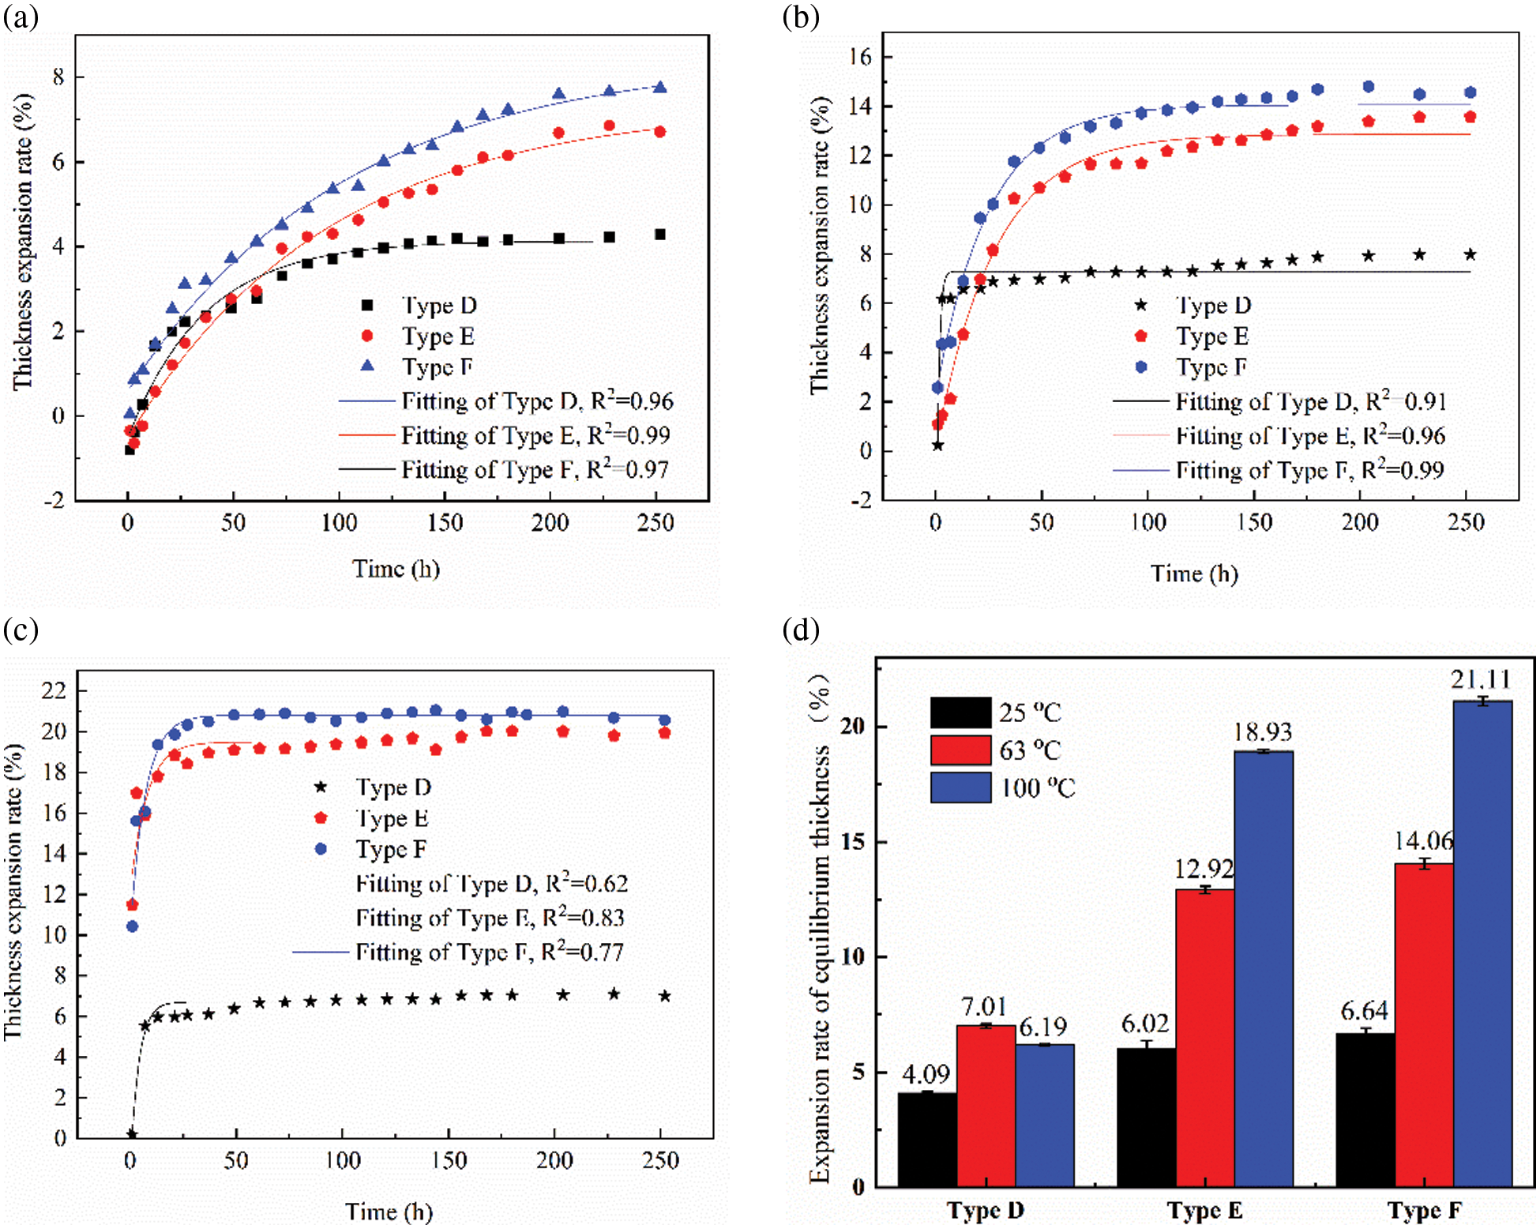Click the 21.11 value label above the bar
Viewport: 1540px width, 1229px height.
tap(1481, 679)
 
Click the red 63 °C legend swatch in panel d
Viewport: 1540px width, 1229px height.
tap(960, 750)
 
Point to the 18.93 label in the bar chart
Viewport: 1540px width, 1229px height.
tap(1263, 732)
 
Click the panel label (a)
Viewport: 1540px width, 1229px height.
tap(21, 17)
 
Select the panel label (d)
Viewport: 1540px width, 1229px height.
tap(801, 630)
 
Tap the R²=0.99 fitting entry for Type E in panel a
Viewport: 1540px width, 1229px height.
tap(535, 435)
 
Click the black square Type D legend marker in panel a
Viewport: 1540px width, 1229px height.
tap(366, 305)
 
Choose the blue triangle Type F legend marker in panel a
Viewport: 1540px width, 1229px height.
tap(366, 366)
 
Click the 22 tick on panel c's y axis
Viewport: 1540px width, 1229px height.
tap(54, 691)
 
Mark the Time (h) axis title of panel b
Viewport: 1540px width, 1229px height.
tap(1193, 573)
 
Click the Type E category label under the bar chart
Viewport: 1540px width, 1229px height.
tap(1204, 1210)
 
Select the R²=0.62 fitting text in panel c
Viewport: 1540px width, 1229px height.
tap(491, 883)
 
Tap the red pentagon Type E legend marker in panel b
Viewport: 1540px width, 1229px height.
tap(1140, 336)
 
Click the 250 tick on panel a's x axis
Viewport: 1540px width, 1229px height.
tap(655, 523)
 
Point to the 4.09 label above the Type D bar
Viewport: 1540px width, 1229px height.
tap(926, 1074)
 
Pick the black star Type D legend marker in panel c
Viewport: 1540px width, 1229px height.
tap(321, 787)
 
